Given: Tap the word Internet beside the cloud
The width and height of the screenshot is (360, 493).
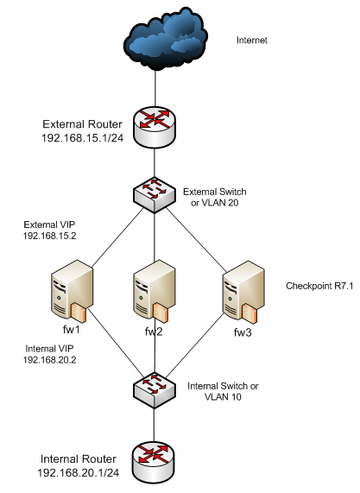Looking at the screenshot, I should (x=252, y=41).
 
